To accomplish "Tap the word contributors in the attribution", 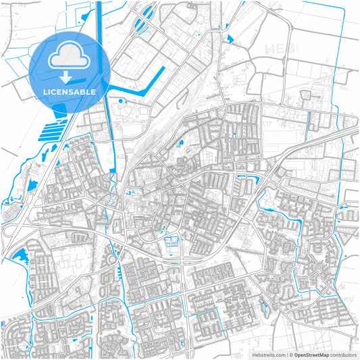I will click(x=343, y=354).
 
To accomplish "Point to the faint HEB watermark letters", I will click(x=280, y=49).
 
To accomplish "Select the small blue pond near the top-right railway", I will click(x=230, y=38).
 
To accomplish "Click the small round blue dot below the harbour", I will click(x=120, y=101).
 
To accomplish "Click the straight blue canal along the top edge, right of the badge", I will click(x=99, y=20).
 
